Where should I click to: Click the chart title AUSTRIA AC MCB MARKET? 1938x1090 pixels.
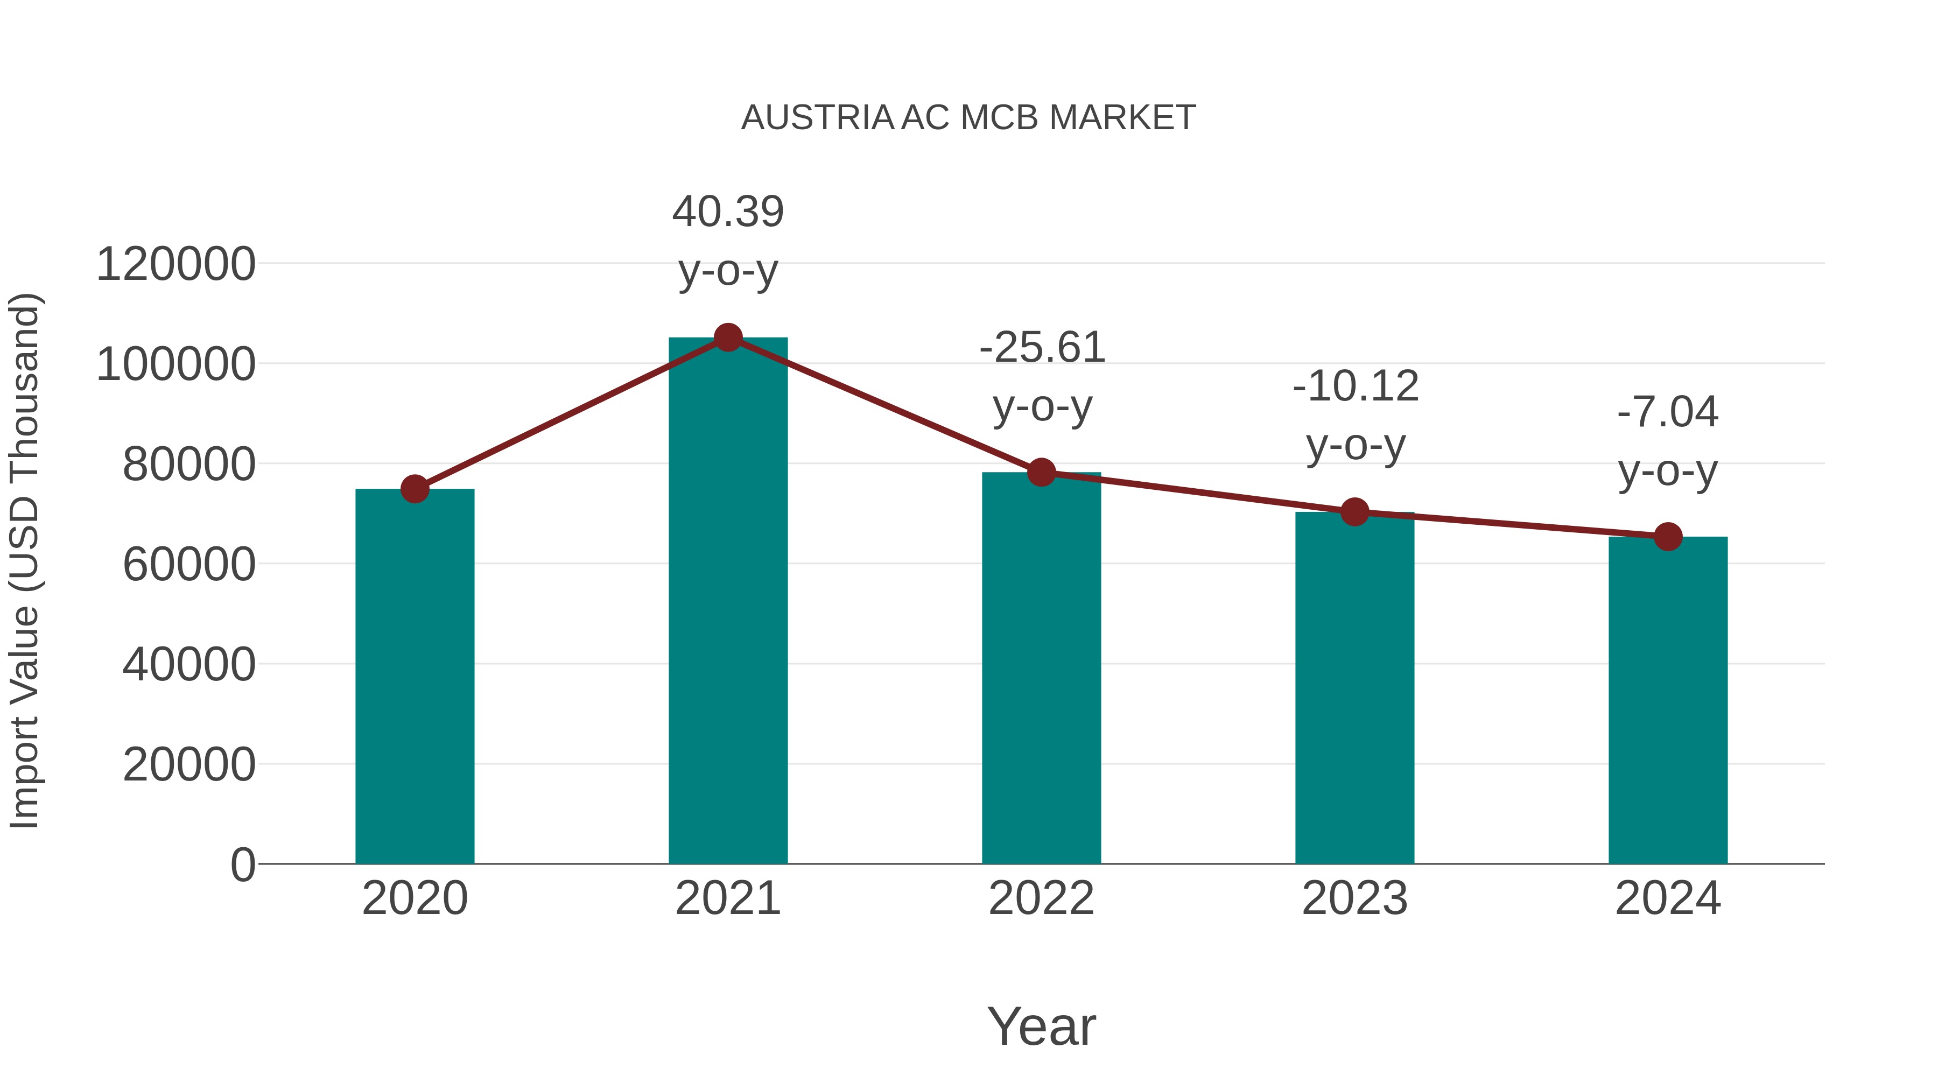(x=968, y=118)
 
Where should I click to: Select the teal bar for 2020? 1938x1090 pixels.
(x=415, y=677)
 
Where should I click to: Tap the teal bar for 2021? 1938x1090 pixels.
(x=727, y=602)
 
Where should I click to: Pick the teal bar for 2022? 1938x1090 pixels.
(x=1041, y=670)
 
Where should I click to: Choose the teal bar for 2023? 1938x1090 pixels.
(x=1354, y=688)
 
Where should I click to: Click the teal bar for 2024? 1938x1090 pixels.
(x=1668, y=700)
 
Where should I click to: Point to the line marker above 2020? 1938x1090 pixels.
(x=415, y=489)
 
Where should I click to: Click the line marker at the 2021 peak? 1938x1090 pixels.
(x=727, y=337)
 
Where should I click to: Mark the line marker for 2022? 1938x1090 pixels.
(x=1041, y=473)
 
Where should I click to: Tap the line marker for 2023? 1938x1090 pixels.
(x=1354, y=512)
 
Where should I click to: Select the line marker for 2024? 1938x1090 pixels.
(x=1668, y=536)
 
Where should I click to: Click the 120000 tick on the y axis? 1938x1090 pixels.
(x=175, y=265)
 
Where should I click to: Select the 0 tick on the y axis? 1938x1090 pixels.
(x=242, y=864)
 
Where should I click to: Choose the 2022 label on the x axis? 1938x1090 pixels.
(x=1041, y=898)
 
